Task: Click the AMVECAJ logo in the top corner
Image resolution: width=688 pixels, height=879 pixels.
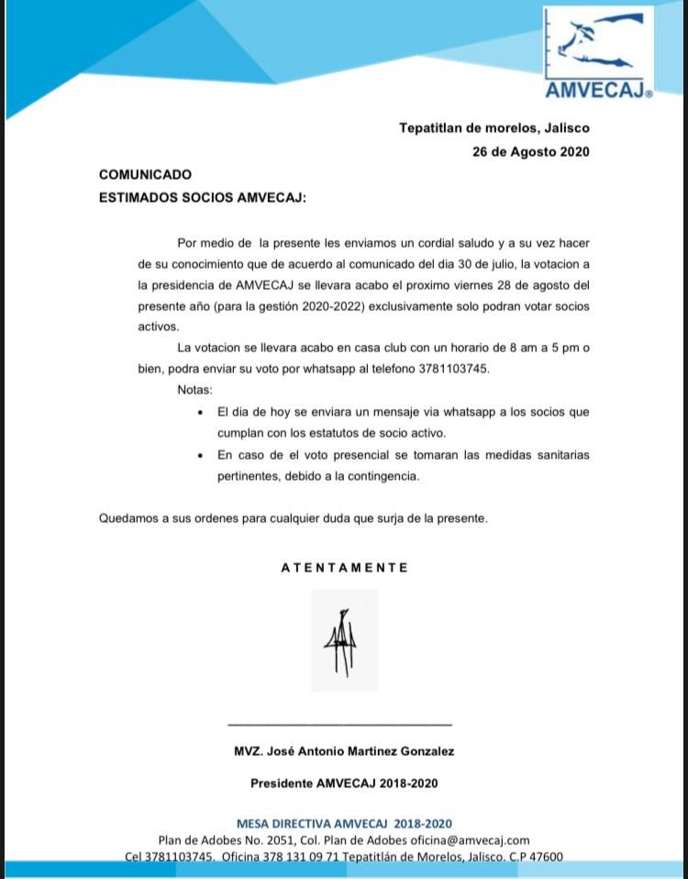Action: coord(598,53)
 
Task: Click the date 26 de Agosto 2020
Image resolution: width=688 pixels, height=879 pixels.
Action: coord(530,151)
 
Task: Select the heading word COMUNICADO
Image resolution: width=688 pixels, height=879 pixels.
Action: coord(145,174)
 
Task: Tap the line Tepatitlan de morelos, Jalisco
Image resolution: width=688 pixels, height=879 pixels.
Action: coord(494,128)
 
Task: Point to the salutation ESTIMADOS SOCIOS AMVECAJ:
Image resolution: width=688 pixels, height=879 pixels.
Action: coord(202,197)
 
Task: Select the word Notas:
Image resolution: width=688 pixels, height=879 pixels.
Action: coord(195,390)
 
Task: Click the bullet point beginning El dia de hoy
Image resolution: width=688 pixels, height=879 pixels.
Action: coord(402,422)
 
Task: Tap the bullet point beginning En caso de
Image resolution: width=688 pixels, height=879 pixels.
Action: coord(402,465)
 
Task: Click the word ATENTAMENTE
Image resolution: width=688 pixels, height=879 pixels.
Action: coord(344,568)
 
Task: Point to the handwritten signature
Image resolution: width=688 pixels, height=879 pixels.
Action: coord(342,640)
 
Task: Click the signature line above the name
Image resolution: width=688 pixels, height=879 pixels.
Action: coord(339,725)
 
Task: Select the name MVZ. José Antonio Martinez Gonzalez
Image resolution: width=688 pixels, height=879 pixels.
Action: coord(344,751)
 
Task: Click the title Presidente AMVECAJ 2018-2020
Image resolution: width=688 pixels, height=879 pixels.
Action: coord(344,784)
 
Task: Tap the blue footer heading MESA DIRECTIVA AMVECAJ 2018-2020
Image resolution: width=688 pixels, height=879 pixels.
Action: coord(344,824)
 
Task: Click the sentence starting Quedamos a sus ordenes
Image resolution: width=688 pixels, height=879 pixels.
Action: coord(294,518)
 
